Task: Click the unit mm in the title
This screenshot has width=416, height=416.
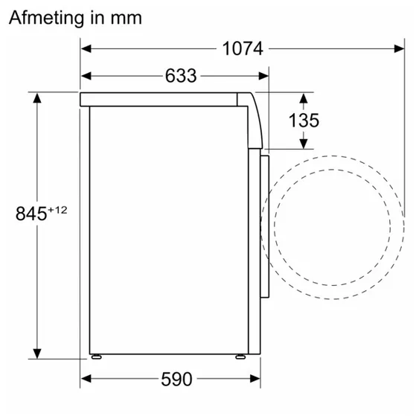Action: (127, 19)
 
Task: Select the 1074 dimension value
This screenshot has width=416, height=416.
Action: (243, 49)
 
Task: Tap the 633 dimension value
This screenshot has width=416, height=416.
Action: (181, 76)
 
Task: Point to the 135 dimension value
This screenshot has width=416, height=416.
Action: (304, 121)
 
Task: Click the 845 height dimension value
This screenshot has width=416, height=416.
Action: (31, 214)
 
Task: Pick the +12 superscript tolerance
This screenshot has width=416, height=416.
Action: (57, 210)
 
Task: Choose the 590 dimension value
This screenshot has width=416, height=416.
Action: (176, 380)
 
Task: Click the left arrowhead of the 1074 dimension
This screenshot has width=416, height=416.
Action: (86, 49)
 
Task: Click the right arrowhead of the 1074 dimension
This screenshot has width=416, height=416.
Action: (399, 49)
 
